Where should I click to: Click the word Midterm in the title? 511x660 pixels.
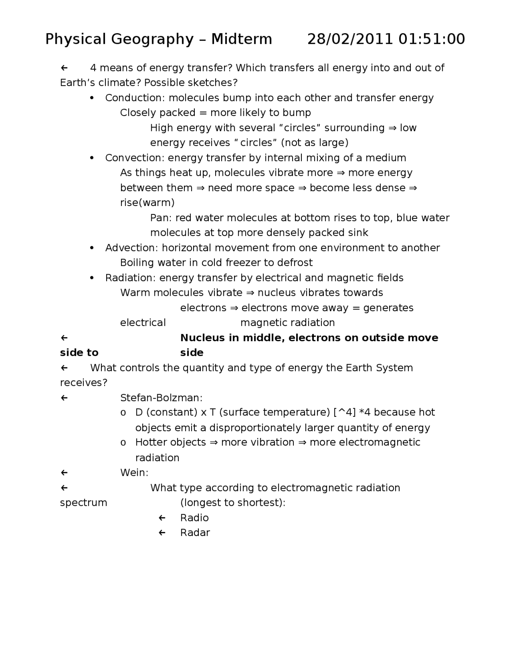242,39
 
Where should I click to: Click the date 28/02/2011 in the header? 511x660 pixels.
350,39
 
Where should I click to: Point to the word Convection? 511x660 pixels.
135,158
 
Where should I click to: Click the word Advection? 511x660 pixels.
132,248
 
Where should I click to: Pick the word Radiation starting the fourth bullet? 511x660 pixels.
131,278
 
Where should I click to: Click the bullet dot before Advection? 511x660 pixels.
92,248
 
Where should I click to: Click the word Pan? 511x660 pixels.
161,218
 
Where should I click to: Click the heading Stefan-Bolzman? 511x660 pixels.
161,398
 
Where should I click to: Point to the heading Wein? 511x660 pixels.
134,473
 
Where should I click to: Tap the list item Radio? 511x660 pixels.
194,518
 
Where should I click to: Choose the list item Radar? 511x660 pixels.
195,533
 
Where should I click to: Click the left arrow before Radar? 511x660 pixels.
162,533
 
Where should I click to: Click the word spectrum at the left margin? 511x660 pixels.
83,503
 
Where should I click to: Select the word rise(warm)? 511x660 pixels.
147,203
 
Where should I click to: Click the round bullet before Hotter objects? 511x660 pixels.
123,443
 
